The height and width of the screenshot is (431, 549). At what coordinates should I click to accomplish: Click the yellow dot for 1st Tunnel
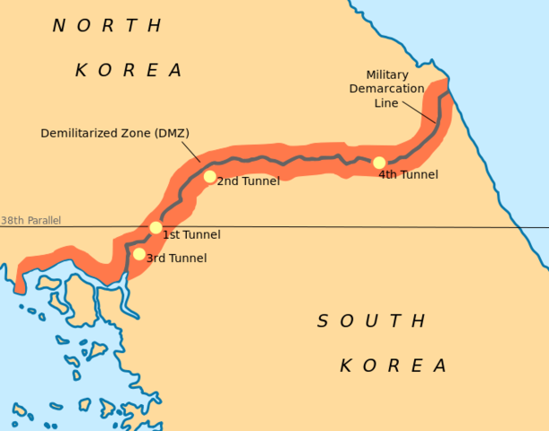click(x=155, y=227)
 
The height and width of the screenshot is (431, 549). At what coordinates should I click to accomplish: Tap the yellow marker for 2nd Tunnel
click(x=209, y=176)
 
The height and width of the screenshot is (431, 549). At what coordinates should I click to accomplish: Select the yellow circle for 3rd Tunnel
click(x=138, y=253)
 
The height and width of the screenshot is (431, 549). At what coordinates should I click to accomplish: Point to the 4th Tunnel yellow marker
click(x=379, y=163)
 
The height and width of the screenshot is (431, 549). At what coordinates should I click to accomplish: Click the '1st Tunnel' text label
click(x=190, y=234)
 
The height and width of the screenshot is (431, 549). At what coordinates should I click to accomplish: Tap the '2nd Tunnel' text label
click(x=248, y=180)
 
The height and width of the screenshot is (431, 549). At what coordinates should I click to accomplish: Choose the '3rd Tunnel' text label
click(x=176, y=258)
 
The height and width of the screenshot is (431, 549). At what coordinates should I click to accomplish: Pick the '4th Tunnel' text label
click(x=408, y=174)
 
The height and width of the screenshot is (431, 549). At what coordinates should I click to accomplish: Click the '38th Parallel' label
click(x=31, y=220)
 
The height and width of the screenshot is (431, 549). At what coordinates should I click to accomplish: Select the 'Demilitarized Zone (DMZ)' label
click(x=115, y=133)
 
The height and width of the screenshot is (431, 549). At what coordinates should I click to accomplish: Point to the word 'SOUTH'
click(x=371, y=321)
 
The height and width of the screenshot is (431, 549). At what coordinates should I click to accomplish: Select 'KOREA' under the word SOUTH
click(x=393, y=365)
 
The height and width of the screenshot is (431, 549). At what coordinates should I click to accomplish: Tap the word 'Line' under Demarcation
click(x=385, y=102)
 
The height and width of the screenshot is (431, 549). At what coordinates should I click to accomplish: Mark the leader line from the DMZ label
click(x=190, y=151)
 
